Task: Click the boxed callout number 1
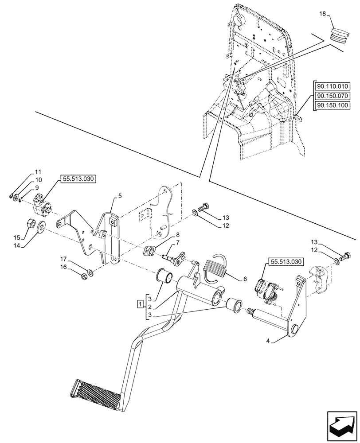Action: point(140,304)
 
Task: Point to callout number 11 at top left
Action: point(38,171)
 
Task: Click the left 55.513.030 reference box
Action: point(77,179)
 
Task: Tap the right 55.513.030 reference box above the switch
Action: point(286,262)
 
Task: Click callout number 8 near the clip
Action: point(165,235)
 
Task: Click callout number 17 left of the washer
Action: point(64,259)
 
